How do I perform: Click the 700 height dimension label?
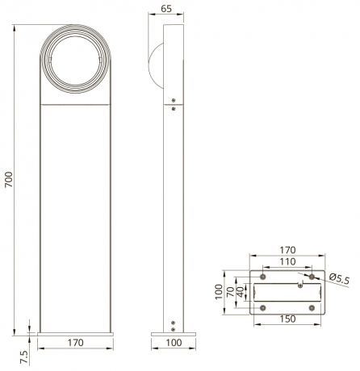9,179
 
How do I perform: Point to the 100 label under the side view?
174,344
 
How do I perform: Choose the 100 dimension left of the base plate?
219,291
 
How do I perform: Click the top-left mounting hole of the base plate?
262,276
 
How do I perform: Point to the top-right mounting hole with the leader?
312,276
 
